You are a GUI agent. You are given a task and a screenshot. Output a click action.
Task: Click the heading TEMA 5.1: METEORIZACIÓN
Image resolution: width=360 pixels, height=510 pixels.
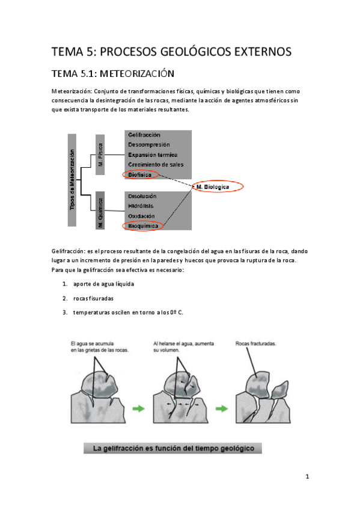113,74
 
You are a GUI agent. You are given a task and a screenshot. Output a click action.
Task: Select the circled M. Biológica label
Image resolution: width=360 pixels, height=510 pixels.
215,186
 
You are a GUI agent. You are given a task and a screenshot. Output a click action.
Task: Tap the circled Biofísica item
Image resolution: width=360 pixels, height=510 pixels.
141,174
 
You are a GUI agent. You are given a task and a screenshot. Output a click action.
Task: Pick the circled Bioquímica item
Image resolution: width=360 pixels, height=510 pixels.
143,226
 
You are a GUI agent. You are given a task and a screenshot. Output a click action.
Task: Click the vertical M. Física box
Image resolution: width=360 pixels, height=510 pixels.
100,155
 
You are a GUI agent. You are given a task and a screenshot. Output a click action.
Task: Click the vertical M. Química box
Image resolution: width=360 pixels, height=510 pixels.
100,210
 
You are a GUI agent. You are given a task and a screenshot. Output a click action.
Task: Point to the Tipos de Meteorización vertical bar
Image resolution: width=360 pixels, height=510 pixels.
72,180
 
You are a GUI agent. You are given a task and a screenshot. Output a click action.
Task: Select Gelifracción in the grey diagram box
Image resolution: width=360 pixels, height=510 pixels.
144,135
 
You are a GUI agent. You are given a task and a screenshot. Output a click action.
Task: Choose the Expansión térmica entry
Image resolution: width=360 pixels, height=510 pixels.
153,155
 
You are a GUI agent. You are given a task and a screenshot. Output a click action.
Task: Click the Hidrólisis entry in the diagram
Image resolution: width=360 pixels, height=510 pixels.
141,206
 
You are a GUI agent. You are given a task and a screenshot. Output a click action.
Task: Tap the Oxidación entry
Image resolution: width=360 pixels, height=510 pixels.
141,216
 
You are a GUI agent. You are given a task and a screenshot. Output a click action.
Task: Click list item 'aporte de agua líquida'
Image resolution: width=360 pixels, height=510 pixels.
103,284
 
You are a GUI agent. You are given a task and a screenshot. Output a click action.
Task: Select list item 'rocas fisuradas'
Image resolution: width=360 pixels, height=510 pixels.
93,298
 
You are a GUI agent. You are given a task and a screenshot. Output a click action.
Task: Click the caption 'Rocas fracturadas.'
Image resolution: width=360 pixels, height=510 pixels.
255,343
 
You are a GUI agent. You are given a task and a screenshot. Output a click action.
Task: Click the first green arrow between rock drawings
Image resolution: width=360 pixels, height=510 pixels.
139,408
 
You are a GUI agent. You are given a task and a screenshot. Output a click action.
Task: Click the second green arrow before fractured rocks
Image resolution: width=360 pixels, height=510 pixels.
222,408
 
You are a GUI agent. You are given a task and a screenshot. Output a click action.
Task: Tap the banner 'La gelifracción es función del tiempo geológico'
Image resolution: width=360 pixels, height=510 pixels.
172,448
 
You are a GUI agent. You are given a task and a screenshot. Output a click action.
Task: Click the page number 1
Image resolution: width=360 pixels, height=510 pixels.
307,477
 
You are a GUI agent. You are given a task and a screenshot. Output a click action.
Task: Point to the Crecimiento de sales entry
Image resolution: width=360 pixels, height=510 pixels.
156,165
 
